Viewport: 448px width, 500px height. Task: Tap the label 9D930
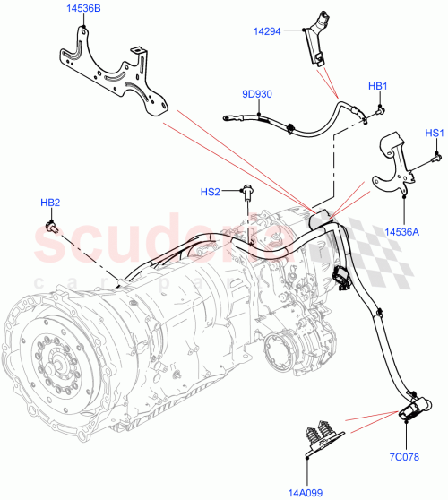(257, 93)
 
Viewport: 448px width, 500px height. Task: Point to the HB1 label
(377, 86)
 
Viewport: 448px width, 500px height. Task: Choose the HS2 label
(210, 192)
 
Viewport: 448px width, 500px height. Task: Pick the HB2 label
(51, 203)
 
